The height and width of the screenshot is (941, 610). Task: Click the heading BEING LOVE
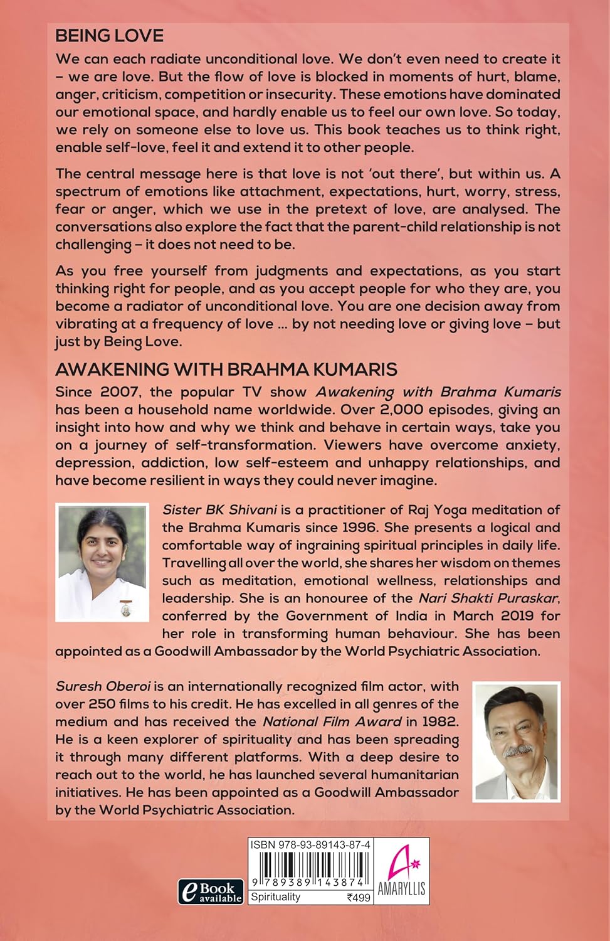pos(109,36)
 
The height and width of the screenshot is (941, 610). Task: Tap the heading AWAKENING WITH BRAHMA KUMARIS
pos(226,368)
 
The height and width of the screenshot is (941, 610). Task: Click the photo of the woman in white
pos(102,562)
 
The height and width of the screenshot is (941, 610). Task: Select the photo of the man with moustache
pos(517,742)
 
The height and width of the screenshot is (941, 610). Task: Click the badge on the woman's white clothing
pos(124,609)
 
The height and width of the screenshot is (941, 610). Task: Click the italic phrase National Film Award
pos(332,721)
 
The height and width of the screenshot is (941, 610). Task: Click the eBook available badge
pos(211,891)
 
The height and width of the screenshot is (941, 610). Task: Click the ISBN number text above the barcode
pos(310,845)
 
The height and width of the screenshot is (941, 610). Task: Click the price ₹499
pos(359,898)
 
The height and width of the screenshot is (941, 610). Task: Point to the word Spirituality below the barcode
pos(275,897)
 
